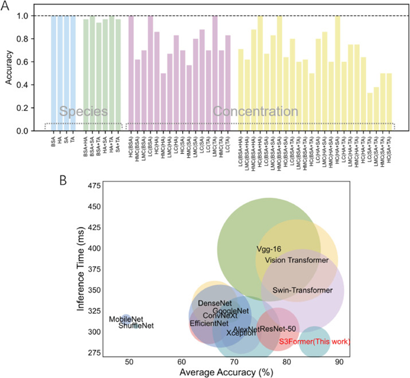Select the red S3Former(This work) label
(x=315, y=341)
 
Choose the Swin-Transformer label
(x=300, y=290)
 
